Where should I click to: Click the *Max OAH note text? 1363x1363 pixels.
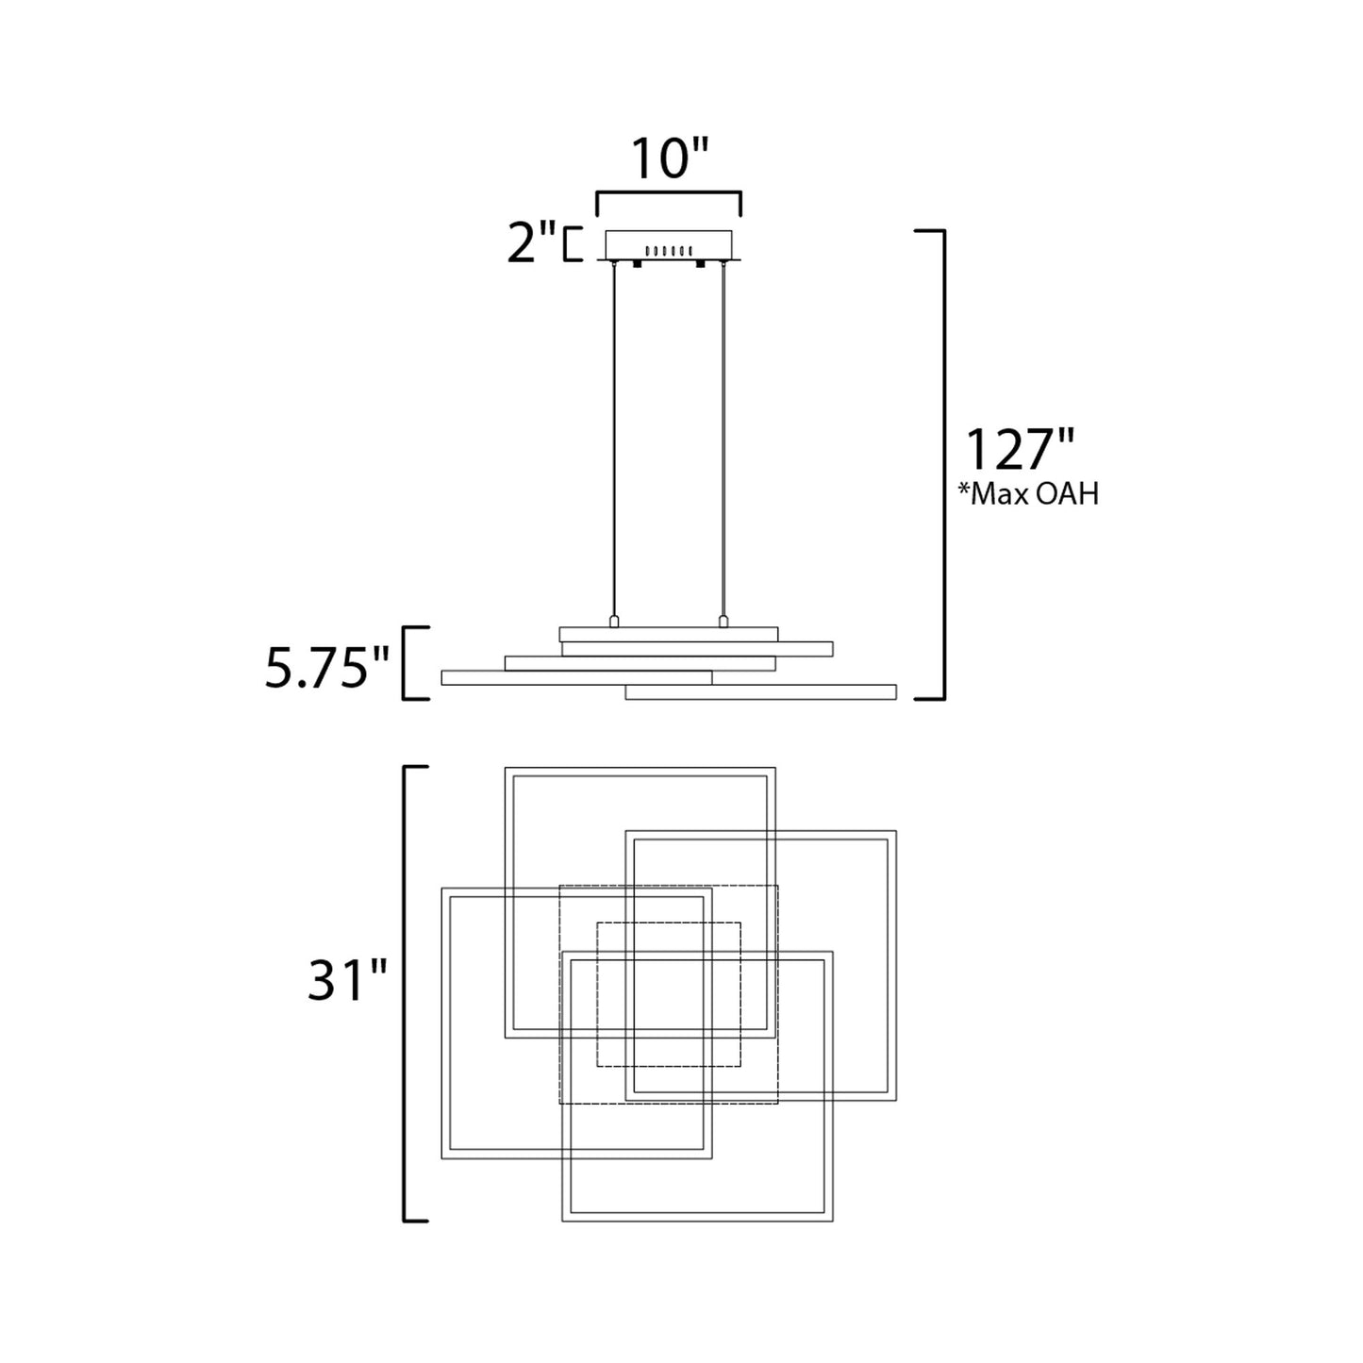pos(1028,494)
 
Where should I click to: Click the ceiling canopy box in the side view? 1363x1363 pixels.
pos(669,244)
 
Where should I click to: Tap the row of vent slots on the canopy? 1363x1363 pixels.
pos(669,250)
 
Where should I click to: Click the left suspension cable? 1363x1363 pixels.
pos(613,439)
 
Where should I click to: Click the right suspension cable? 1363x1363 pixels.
pos(723,439)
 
